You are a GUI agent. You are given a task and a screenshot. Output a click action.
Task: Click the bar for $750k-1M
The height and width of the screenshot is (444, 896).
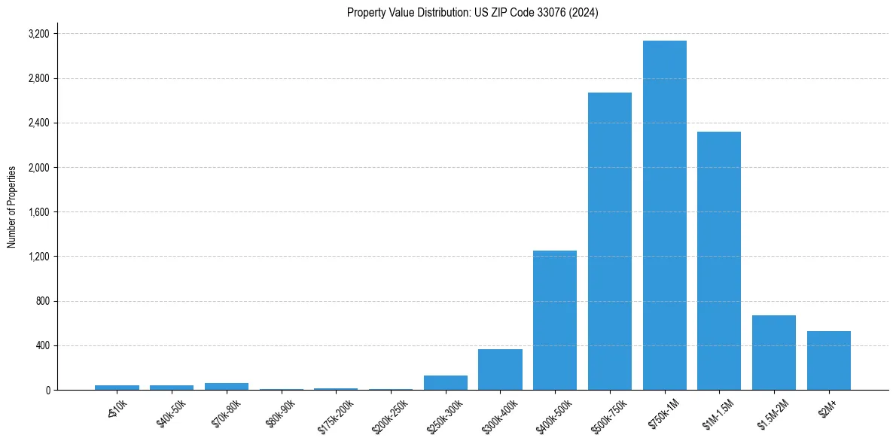coord(664,215)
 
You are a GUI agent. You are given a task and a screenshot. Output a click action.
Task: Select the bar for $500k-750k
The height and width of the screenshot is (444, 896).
coord(610,241)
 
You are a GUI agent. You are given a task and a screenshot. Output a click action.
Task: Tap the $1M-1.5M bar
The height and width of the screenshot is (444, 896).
coord(719,260)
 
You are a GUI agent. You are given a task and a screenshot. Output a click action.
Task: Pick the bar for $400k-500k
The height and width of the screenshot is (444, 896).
coord(555,320)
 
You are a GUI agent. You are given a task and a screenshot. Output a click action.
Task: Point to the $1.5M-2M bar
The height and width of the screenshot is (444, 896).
coord(774,352)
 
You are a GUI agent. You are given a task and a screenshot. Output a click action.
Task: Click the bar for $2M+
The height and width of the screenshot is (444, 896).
coord(829,360)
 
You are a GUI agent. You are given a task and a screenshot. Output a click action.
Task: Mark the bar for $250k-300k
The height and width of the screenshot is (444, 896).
coord(446,382)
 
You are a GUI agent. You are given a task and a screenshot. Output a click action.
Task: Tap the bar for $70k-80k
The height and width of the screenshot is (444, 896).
coord(227,386)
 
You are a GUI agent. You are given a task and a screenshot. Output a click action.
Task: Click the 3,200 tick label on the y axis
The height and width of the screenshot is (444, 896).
coord(38,34)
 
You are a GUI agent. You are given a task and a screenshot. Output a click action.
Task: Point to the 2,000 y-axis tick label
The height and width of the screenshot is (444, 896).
coord(38,168)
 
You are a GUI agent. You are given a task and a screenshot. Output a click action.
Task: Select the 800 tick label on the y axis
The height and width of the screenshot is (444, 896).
coord(42,302)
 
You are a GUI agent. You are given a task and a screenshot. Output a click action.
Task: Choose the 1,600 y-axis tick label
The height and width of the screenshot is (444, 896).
coord(38,212)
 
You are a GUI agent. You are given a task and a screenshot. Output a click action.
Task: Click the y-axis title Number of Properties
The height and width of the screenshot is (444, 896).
coord(12,206)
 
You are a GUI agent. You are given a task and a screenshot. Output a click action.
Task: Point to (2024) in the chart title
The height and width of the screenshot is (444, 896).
coord(585,13)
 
